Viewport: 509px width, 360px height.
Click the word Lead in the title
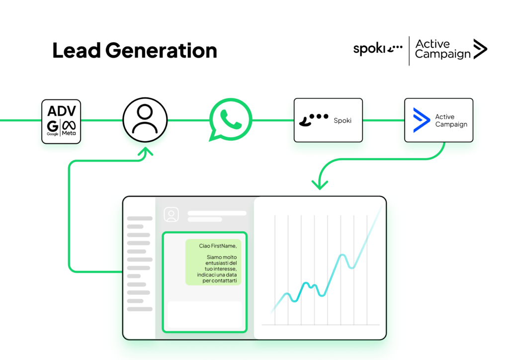pyautogui.click(x=77, y=50)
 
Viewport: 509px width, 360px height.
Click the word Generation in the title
pyautogui.click(x=162, y=51)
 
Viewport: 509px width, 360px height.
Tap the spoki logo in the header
pyautogui.click(x=378, y=49)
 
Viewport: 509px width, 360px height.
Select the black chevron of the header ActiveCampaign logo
pyautogui.click(x=480, y=49)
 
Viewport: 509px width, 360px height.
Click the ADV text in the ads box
pyautogui.click(x=61, y=111)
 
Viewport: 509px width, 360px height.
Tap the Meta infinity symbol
pyautogui.click(x=69, y=125)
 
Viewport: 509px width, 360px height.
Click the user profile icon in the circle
pyautogui.click(x=145, y=120)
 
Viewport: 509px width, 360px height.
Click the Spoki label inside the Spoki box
pyautogui.click(x=342, y=120)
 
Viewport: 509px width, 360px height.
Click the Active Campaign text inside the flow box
pyautogui.click(x=451, y=120)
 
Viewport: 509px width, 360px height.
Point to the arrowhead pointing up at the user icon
pyautogui.click(x=146, y=152)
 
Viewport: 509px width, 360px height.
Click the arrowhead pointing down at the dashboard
pyautogui.click(x=320, y=185)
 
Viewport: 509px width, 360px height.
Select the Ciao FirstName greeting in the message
pyautogui.click(x=218, y=246)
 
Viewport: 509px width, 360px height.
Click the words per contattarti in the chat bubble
pyautogui.click(x=219, y=280)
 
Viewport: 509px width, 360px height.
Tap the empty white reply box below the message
pyautogui.click(x=205, y=315)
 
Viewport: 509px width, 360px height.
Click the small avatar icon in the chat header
pyautogui.click(x=171, y=215)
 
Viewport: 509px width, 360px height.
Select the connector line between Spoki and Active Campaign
pyautogui.click(x=383, y=120)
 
